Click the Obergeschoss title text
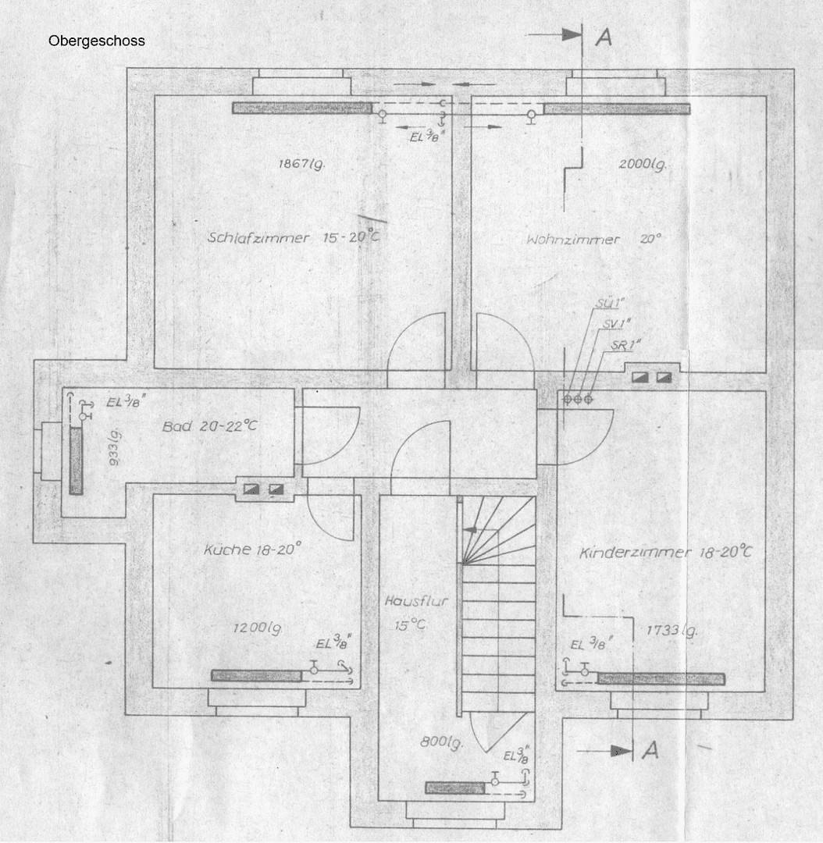(96, 41)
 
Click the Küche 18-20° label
(251, 550)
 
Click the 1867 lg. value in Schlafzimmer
(301, 164)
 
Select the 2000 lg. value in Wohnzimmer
(643, 165)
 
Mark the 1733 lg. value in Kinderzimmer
(672, 630)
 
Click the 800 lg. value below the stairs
(441, 743)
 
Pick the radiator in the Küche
(257, 675)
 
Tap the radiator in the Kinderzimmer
(661, 678)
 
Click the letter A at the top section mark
(604, 37)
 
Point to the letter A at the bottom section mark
(650, 750)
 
